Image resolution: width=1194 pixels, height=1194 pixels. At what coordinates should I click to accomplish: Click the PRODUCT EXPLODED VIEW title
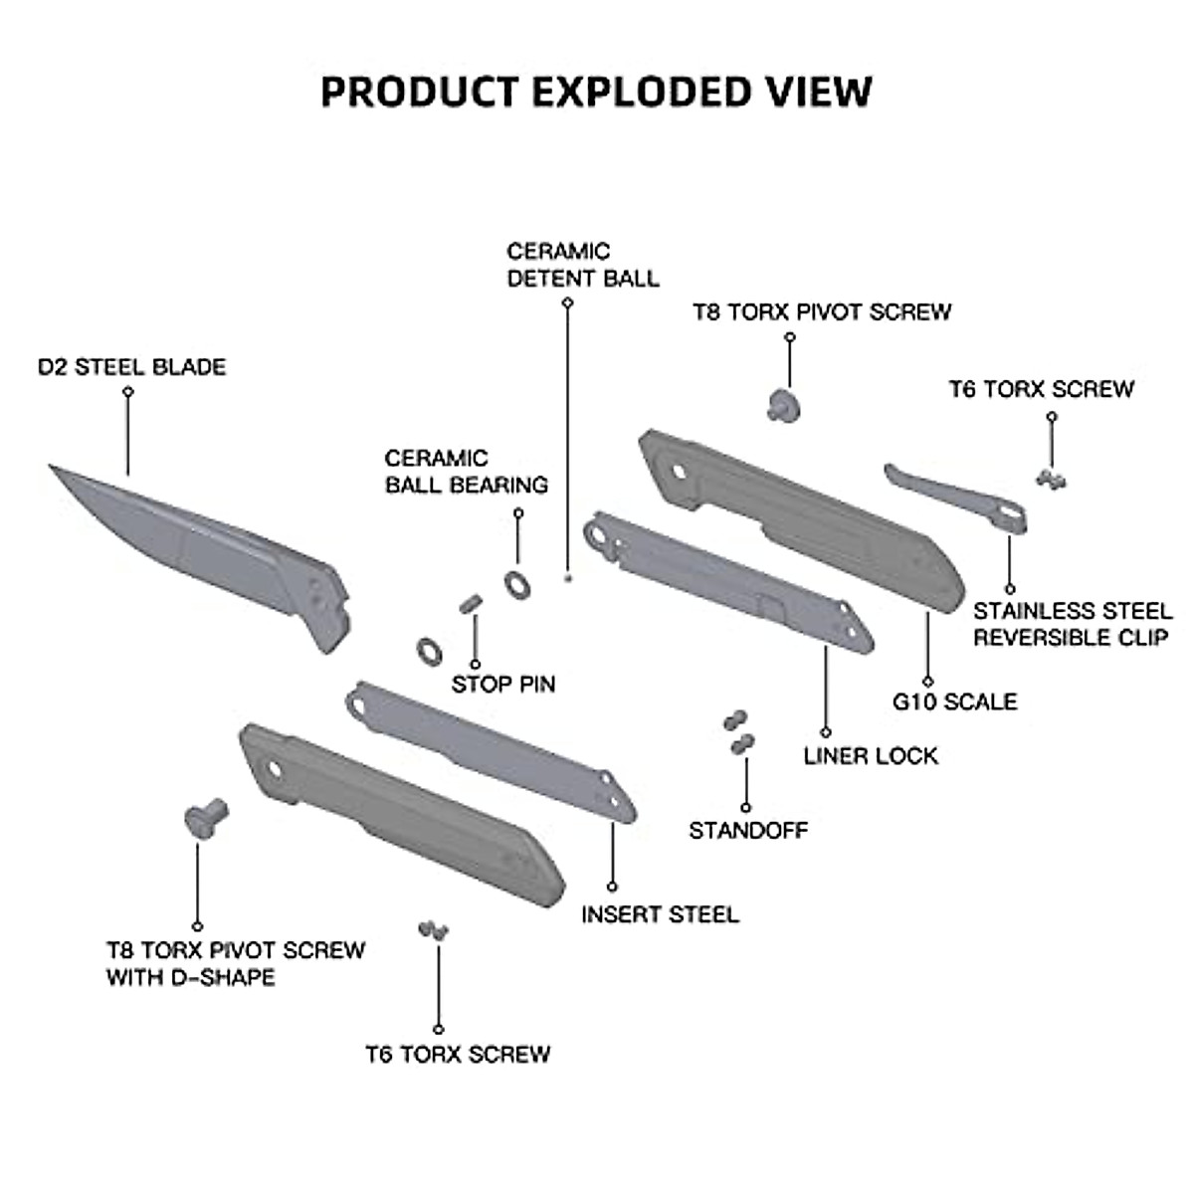(x=596, y=91)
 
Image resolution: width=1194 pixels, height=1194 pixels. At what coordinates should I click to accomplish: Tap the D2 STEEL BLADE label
(x=132, y=367)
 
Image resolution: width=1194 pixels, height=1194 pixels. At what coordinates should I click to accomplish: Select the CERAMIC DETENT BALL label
(x=583, y=265)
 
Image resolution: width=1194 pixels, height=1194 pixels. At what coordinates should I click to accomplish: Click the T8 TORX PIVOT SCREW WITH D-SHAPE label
(x=236, y=963)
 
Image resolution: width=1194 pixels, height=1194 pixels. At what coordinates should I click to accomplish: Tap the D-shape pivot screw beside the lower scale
(x=206, y=816)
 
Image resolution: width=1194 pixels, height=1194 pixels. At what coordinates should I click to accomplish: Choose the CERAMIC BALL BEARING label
(x=467, y=472)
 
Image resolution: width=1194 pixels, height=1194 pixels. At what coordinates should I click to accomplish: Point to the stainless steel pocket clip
(x=955, y=495)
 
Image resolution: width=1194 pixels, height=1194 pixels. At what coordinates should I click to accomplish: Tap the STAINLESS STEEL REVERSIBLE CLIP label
(x=1071, y=624)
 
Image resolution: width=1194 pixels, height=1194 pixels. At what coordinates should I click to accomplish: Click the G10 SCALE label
(x=955, y=702)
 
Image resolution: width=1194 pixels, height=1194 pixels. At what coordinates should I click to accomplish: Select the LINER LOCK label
(x=871, y=756)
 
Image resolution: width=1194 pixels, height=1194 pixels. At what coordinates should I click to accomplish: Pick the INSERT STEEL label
(x=661, y=914)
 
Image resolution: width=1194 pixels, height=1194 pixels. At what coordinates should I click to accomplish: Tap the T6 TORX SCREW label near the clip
(x=1041, y=389)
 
